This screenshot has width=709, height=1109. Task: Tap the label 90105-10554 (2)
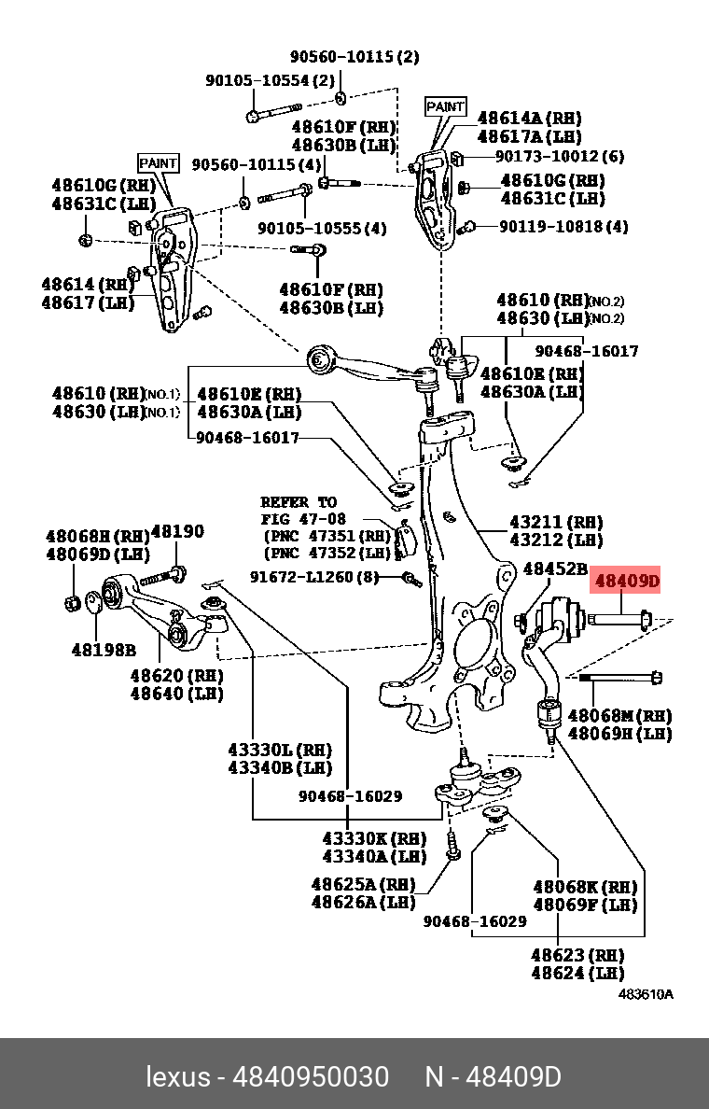click(270, 80)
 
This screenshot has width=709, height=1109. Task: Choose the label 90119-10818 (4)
click(563, 226)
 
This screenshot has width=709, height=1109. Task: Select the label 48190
click(177, 531)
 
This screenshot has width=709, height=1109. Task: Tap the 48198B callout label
click(104, 649)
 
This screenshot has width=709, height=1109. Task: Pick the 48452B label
click(554, 568)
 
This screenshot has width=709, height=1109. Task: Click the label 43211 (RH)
click(556, 522)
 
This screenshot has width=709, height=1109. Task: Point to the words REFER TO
click(299, 502)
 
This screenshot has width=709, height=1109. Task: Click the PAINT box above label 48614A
click(445, 106)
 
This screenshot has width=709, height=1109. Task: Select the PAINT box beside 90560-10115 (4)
click(158, 162)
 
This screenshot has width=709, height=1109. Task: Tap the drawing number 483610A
click(646, 994)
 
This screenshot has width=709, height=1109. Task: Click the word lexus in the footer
click(177, 1076)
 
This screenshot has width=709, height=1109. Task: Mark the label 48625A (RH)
click(363, 884)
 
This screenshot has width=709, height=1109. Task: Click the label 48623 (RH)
click(577, 955)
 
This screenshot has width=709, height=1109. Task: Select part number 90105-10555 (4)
click(322, 227)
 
